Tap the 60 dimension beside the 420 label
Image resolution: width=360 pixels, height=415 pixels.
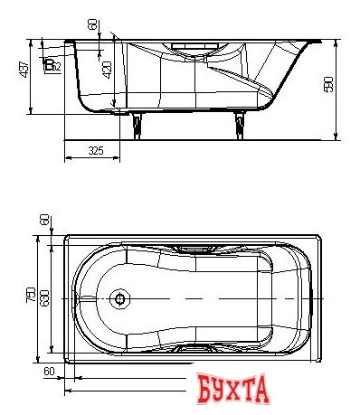coord(93,25)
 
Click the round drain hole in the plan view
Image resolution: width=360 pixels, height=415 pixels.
coord(119,297)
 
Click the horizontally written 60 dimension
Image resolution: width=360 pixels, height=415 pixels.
coord(50,371)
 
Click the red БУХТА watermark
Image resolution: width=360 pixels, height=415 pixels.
coord(232,390)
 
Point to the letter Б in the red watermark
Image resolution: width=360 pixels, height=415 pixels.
coord(204,391)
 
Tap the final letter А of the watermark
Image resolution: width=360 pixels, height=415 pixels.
coord(262,391)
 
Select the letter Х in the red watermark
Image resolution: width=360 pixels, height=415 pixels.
coord(233,391)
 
